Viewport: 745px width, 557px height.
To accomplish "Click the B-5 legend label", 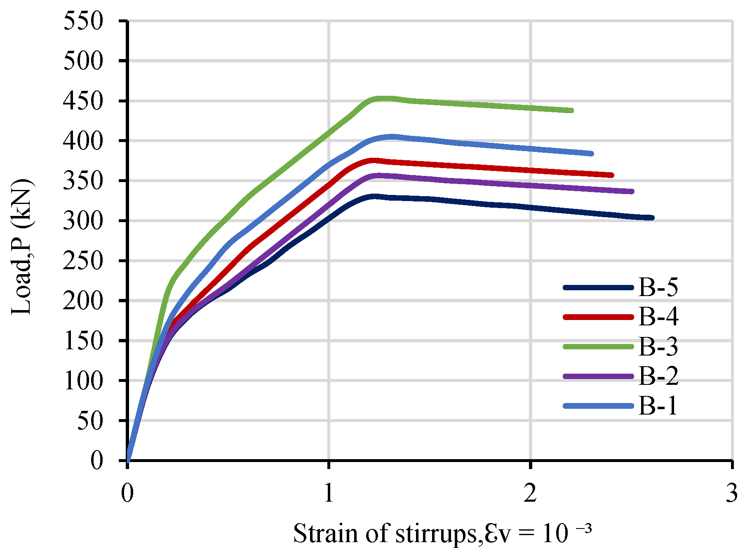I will [x=658, y=287].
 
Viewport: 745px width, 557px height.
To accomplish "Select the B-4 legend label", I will [x=658, y=317].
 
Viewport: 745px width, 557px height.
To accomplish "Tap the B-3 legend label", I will [x=658, y=346].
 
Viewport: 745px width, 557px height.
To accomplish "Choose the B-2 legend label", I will [x=658, y=376].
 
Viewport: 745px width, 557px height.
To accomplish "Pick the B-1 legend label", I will [x=658, y=406].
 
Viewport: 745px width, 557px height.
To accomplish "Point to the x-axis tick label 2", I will [x=530, y=493].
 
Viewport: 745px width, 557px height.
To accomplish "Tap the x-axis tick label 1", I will [x=329, y=493].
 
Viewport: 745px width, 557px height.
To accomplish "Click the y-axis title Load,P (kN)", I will [x=22, y=247].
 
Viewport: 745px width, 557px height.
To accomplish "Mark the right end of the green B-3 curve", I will [x=571, y=110].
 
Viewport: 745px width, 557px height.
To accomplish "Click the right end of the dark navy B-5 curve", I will [x=652, y=218].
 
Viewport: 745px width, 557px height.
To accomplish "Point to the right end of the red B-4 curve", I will [x=612, y=175].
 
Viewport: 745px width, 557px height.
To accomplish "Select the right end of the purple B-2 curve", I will [x=632, y=191].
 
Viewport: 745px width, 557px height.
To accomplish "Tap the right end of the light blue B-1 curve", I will [x=592, y=154].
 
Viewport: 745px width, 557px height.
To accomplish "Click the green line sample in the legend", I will [x=598, y=346].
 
